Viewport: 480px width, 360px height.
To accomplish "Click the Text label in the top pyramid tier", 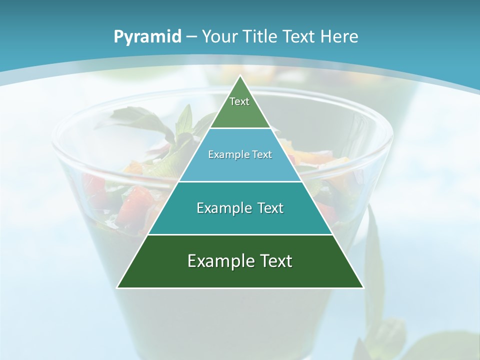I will coord(239,101).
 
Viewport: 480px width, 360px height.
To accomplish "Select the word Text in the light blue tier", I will coord(262,154).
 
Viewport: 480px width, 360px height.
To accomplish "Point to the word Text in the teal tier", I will coord(269,208).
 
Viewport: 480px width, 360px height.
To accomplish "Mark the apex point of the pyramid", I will coord(240,76).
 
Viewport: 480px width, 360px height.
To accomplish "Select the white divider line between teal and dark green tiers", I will coord(240,234).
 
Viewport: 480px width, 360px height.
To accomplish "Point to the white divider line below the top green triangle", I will coord(240,128).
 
